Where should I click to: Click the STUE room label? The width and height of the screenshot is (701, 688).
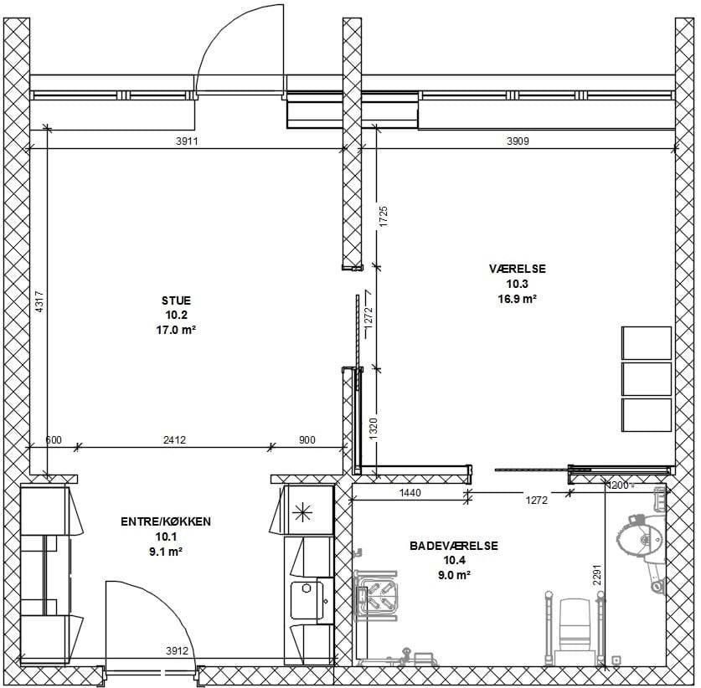click(176, 300)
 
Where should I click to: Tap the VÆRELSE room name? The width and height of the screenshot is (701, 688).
click(518, 269)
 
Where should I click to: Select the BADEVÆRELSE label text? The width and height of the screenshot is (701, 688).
click(454, 546)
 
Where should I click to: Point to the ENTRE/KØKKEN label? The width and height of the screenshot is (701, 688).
click(166, 521)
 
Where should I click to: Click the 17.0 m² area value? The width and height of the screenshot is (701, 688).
click(176, 330)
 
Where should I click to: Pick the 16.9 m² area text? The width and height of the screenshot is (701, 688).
click(518, 299)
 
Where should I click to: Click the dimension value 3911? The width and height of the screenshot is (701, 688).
click(187, 141)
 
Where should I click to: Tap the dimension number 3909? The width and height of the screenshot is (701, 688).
click(518, 141)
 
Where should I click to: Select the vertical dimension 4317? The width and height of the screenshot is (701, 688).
click(39, 302)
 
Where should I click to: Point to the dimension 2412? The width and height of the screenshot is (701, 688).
click(174, 440)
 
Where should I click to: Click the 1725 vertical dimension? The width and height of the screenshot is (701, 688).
click(384, 216)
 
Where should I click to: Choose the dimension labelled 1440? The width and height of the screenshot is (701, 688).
click(410, 493)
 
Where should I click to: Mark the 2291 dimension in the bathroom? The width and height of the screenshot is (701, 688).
click(598, 575)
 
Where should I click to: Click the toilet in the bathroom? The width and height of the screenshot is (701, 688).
click(574, 630)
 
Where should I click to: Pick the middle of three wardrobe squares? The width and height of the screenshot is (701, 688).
click(647, 379)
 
